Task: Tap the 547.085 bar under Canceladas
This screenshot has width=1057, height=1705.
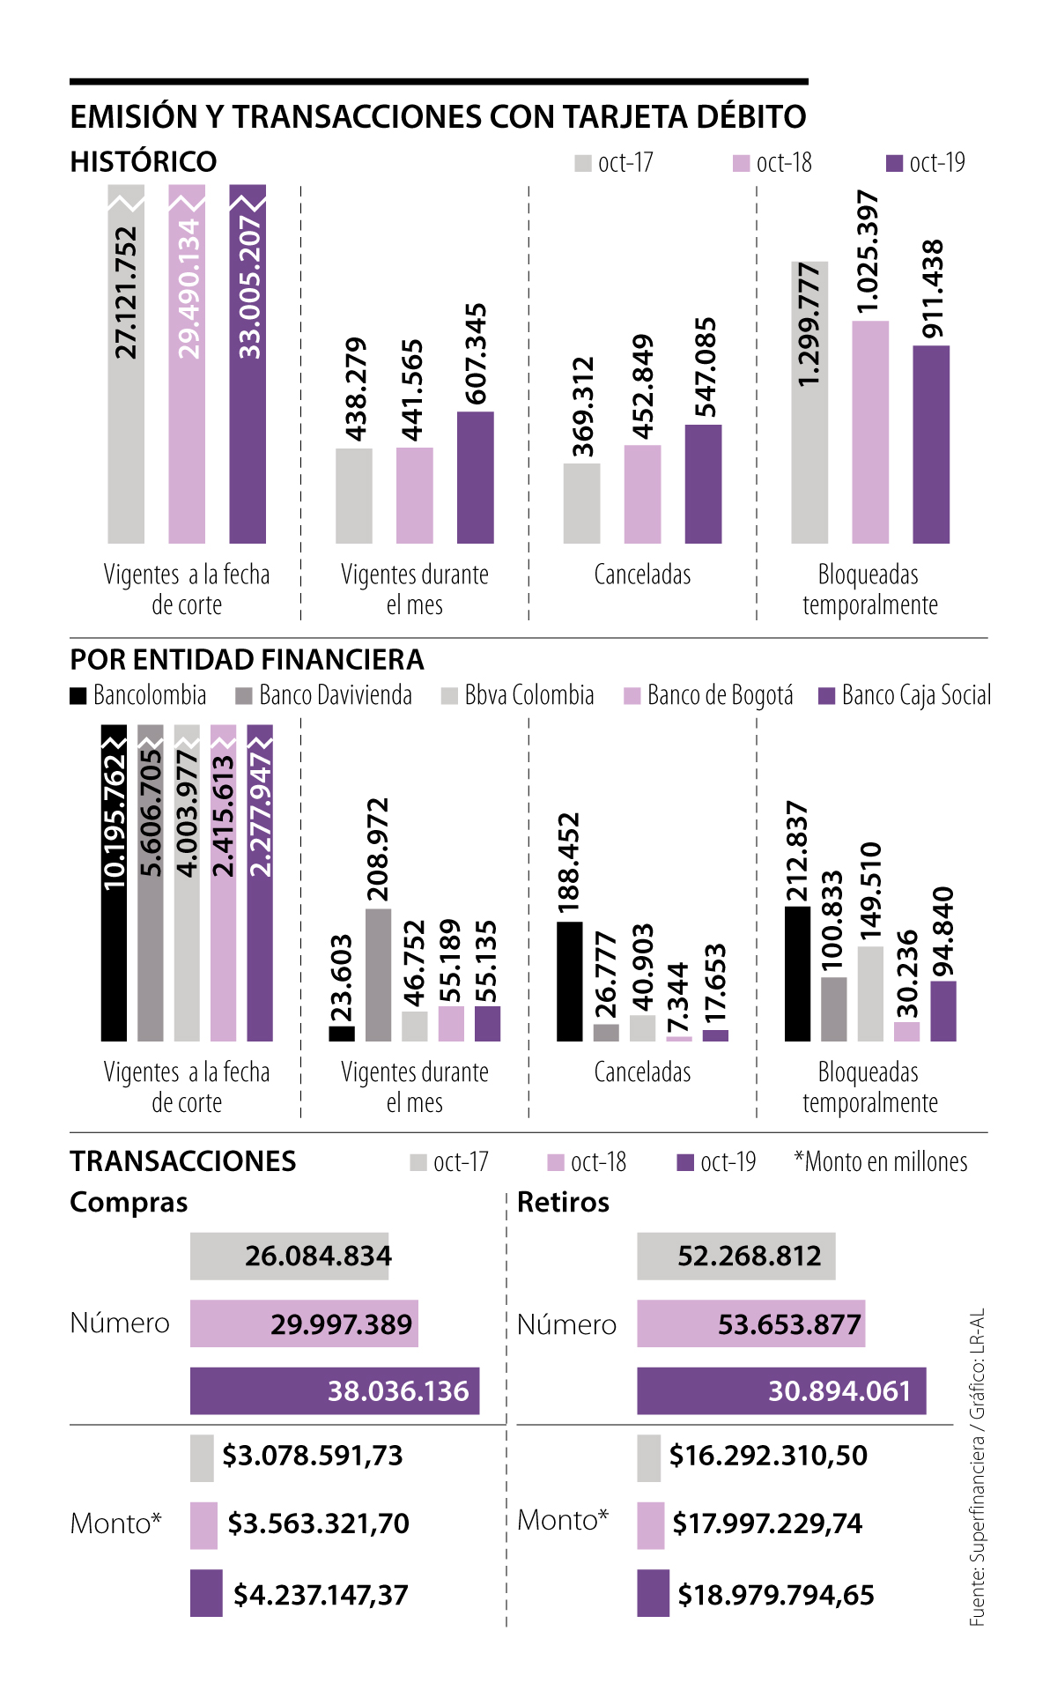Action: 703,484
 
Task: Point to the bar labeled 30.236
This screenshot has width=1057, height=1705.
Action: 906,1031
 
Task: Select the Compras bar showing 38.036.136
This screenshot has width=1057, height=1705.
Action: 335,1390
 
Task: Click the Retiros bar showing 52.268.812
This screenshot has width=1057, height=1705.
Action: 735,1256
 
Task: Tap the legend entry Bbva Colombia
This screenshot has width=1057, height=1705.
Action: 518,695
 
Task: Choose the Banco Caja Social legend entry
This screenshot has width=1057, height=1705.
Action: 905,695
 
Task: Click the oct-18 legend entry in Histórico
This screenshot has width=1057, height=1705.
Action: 772,163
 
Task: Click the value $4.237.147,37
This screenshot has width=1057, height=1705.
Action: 321,1594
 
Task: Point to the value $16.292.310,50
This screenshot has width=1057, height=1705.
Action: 768,1456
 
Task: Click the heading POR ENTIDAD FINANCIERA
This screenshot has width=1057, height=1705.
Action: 247,659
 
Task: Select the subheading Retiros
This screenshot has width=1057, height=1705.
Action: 563,1202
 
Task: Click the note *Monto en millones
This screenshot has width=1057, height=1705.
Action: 880,1162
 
